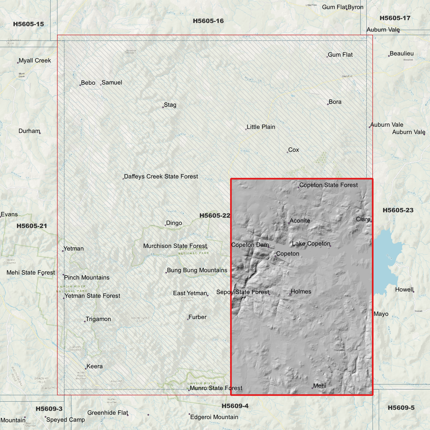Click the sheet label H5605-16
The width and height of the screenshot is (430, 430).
[208, 21]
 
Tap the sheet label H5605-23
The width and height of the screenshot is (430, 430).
[398, 210]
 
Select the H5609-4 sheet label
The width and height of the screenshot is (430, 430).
[235, 406]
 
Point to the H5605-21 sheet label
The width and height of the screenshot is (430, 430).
[32, 226]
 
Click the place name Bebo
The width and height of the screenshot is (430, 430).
[88, 83]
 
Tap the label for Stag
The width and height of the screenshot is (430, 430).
[170, 105]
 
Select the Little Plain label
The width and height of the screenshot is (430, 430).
[261, 127]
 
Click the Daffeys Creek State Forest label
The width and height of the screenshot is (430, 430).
[161, 176]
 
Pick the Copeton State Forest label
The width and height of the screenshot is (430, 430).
[328, 185]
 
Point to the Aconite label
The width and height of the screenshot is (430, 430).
[300, 221]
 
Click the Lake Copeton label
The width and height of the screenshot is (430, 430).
[311, 244]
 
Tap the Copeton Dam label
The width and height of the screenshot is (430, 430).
[250, 245]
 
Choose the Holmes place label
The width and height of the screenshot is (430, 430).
[301, 292]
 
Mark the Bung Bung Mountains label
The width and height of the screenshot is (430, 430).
[197, 270]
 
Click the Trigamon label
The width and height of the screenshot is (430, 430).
[98, 319]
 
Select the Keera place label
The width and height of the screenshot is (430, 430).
[94, 366]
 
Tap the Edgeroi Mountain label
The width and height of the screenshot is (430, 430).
[214, 417]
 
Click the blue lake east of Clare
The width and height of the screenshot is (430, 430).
[387, 262]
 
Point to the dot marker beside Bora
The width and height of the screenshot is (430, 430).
[328, 104]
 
